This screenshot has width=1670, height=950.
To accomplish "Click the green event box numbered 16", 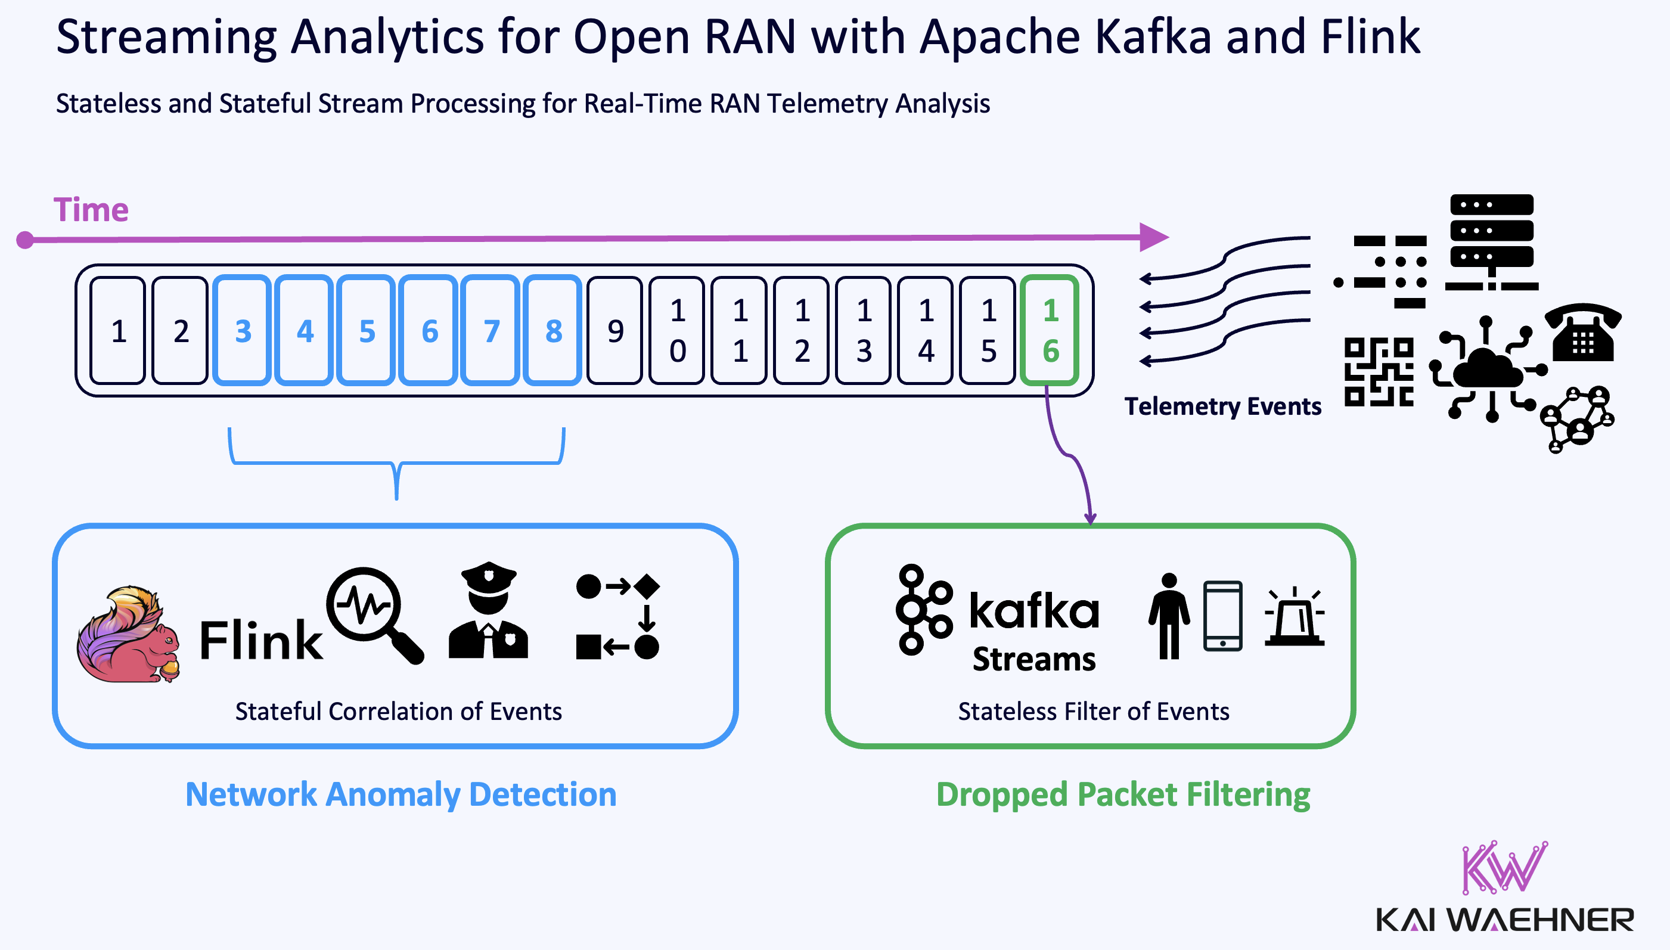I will point(1050,330).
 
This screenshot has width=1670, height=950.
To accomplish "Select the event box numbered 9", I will point(614,330).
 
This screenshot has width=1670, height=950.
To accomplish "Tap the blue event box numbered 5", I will point(367,330).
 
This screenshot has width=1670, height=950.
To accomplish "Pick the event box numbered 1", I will point(117,330).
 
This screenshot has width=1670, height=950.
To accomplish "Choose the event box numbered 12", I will point(801,330).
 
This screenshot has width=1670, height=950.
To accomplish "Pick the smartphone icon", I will point(1222,615).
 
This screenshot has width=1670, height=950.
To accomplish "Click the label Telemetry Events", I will point(1222,406).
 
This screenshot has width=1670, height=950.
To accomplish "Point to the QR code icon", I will point(1379,372).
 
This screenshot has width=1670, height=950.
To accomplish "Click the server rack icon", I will point(1491,241).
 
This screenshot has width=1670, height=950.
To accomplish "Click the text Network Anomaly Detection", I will point(401,794).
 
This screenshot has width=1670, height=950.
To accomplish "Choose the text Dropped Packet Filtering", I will point(1123,794).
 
